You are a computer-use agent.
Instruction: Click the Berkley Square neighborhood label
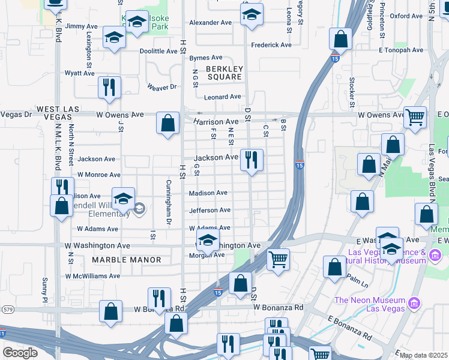[x=224, y=73]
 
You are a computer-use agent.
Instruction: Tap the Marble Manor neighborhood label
[x=127, y=260]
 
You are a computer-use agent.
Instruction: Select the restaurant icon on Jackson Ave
[x=251, y=160]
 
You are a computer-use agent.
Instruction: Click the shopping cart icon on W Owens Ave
[x=415, y=117]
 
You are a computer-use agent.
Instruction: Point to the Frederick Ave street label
[x=271, y=45]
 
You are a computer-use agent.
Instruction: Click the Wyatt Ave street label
[x=80, y=73]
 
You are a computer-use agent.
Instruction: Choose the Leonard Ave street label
[x=222, y=97]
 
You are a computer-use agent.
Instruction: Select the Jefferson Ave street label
[x=209, y=211]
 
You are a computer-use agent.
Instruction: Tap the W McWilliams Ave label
[x=93, y=276]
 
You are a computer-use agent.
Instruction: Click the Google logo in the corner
[x=20, y=353]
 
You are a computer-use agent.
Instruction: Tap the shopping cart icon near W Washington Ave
[x=278, y=260]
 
